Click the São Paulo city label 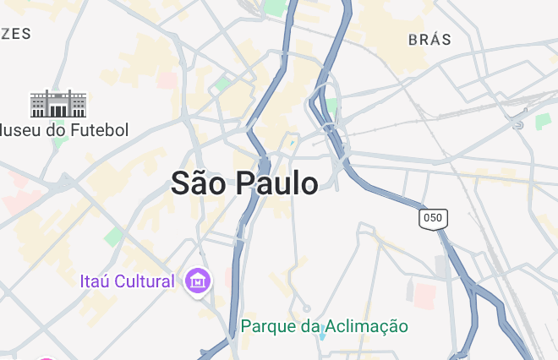(x=244, y=183)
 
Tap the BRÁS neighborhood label (x=429, y=40)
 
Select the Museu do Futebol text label (x=64, y=130)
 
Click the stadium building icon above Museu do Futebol (x=58, y=104)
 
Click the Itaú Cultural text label (x=128, y=281)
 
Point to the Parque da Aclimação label (x=324, y=326)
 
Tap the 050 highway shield (x=433, y=218)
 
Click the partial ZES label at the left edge (x=16, y=34)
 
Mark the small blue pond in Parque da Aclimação (x=321, y=335)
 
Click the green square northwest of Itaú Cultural (x=113, y=236)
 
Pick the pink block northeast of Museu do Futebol (x=167, y=80)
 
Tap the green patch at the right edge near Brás (x=542, y=121)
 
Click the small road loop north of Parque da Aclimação (x=307, y=308)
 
